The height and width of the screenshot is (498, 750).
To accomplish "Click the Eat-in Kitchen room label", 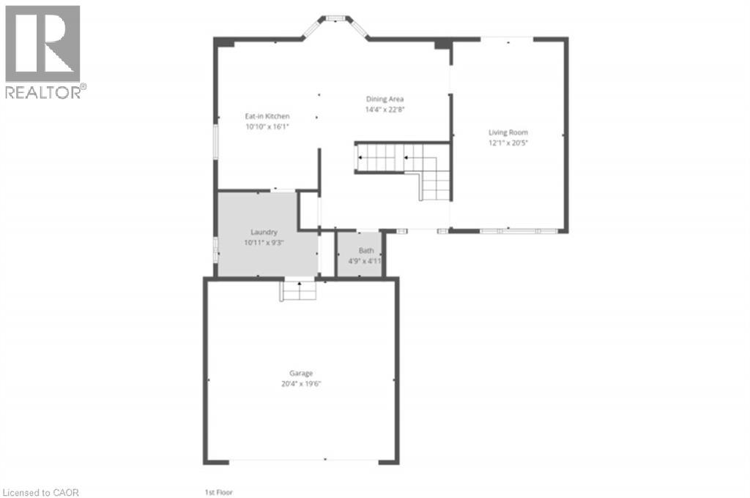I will click(267, 116).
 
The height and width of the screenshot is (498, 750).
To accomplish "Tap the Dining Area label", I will click(385, 99).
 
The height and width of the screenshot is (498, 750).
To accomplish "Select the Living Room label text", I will click(508, 132).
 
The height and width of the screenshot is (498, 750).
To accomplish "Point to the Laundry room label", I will click(264, 232).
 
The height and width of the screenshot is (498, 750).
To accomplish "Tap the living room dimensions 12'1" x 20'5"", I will click(508, 143).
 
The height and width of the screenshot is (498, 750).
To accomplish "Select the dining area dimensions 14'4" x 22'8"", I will click(385, 110).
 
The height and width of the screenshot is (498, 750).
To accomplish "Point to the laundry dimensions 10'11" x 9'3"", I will click(264, 241).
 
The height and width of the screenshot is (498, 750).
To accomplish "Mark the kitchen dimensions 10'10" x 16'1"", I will click(267, 127).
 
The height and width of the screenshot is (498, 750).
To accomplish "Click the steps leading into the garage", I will click(299, 290).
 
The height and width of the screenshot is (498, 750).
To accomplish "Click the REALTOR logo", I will click(43, 51).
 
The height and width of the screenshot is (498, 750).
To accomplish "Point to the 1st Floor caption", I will click(219, 492).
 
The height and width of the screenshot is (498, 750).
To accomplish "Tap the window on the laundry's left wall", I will click(215, 249).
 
